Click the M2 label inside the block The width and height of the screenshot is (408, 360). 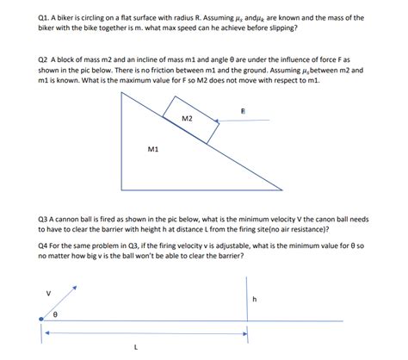(x=188, y=118)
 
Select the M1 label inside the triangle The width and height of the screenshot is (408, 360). (x=153, y=149)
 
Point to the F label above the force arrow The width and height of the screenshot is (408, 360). (x=243, y=111)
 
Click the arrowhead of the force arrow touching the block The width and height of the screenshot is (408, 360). (x=219, y=120)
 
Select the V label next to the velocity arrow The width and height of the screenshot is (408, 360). (x=48, y=293)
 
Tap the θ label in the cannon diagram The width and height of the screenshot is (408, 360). (x=56, y=315)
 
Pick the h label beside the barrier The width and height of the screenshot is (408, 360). (x=255, y=300)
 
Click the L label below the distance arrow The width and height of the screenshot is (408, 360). (x=135, y=348)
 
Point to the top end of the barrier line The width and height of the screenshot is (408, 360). (x=246, y=277)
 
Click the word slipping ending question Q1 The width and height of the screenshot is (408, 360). (x=281, y=28)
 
